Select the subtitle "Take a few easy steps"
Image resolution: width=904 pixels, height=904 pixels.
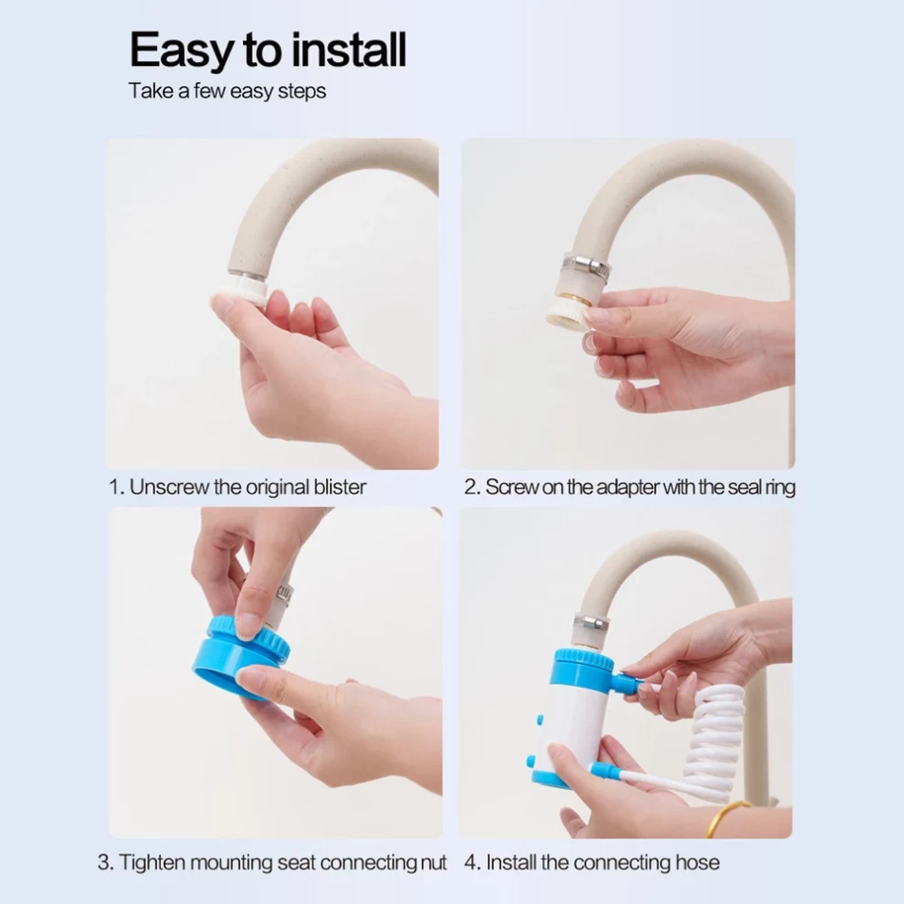[227, 91]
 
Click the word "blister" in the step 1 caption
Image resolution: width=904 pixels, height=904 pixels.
[340, 488]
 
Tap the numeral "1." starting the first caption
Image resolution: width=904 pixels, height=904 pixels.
[117, 488]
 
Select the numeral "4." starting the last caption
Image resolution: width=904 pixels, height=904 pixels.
[472, 863]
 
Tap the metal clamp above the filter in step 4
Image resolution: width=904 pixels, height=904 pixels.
[591, 624]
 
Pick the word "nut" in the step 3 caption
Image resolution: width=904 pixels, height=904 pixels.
[434, 863]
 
